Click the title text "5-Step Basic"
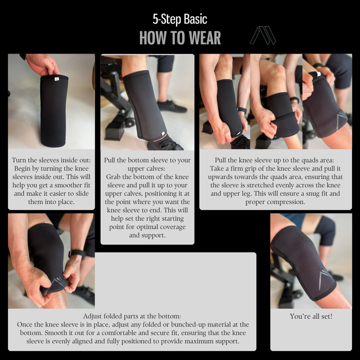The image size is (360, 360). (180, 19)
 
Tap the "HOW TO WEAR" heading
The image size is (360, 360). (180, 38)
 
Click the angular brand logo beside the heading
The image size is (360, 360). (263, 36)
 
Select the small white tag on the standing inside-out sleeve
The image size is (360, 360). (57, 79)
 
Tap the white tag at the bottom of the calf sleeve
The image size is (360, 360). (163, 133)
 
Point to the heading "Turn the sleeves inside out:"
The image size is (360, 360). (51, 160)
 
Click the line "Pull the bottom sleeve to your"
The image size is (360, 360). (147, 160)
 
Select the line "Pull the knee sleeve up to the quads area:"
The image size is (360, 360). (274, 160)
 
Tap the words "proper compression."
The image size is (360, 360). (275, 202)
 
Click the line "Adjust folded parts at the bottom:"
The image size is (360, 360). (132, 316)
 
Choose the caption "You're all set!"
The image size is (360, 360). (311, 316)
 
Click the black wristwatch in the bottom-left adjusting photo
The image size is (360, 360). (77, 254)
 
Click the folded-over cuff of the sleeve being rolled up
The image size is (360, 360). (285, 124)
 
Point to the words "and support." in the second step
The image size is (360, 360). (147, 235)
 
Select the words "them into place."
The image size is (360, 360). (51, 202)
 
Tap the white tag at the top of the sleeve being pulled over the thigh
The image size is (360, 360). (319, 74)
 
